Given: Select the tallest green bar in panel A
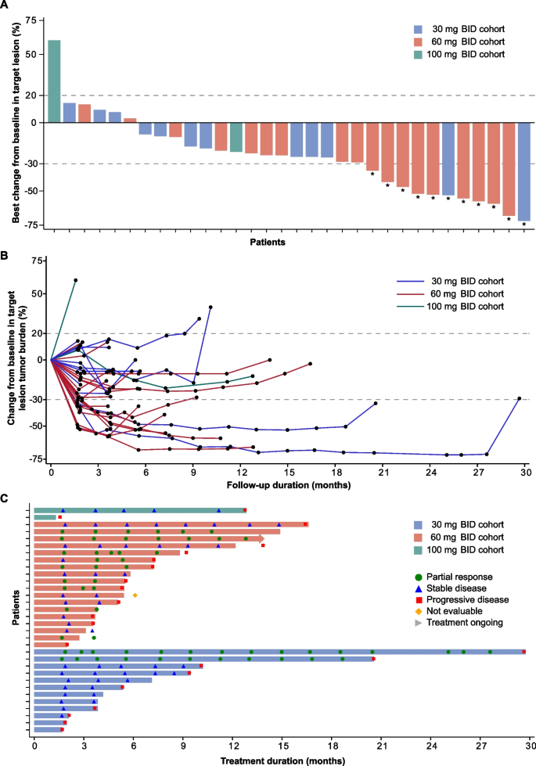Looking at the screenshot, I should [54, 81].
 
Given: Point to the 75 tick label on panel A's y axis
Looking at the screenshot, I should [31, 21].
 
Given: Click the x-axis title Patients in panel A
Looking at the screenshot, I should [267, 243].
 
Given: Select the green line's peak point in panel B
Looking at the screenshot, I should [76, 280].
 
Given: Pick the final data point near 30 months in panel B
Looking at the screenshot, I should [519, 398].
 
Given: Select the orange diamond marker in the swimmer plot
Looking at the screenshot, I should [135, 595].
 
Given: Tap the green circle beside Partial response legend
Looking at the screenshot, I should [419, 577].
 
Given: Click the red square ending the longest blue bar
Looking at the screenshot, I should [523, 652].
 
